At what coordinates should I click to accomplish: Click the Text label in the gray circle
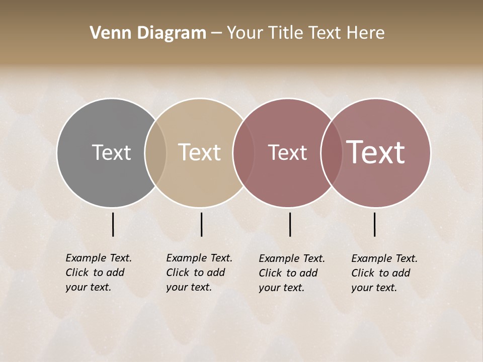click(111, 152)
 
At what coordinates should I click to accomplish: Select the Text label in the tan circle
click(199, 152)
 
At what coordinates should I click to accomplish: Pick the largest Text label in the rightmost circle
click(375, 152)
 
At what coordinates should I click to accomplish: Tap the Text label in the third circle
click(287, 152)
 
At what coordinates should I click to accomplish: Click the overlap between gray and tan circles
click(155, 152)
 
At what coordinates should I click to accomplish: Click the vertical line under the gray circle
click(113, 224)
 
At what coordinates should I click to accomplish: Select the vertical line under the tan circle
click(201, 224)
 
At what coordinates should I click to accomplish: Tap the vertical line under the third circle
click(290, 224)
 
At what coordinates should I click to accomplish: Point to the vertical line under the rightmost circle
click(374, 224)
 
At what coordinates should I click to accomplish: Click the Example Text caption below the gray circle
click(98, 273)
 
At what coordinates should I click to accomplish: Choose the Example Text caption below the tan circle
click(199, 273)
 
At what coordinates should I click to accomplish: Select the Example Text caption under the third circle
click(291, 273)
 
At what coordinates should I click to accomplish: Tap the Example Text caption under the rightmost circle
click(384, 273)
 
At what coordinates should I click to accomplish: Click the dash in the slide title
click(216, 34)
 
